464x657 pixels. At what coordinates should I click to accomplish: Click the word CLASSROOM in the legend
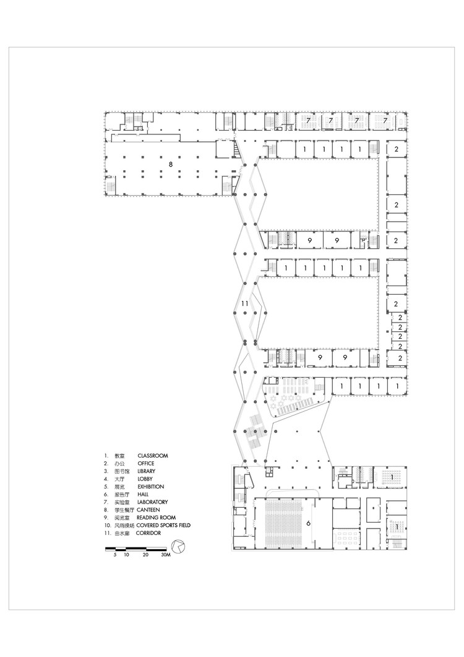(x=153, y=456)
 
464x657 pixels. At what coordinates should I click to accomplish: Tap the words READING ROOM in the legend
(x=157, y=518)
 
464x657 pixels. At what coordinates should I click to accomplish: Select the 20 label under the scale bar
(x=145, y=556)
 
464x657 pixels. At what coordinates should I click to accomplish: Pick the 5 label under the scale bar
(x=115, y=556)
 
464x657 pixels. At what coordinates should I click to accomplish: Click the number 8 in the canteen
(x=171, y=165)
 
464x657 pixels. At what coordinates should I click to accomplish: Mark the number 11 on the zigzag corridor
(x=244, y=304)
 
